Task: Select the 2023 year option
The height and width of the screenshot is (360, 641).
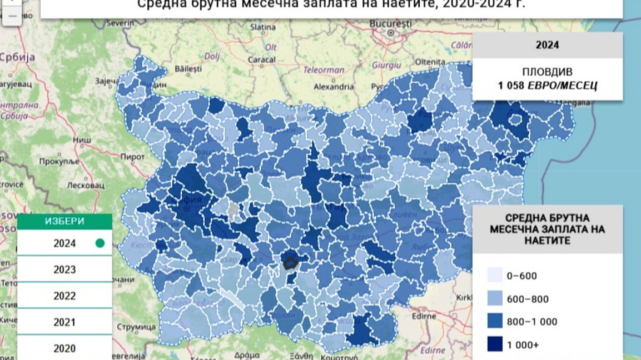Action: (x=64, y=269)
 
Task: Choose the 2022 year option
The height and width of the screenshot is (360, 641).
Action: (x=64, y=296)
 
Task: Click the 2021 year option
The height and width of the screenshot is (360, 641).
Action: (x=64, y=322)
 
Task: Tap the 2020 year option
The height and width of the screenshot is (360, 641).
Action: (x=64, y=348)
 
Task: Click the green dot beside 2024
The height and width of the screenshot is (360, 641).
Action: (x=100, y=243)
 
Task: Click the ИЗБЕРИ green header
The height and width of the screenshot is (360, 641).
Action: (x=64, y=221)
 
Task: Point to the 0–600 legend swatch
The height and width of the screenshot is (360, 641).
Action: (x=495, y=276)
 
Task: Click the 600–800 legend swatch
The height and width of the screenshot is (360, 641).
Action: (x=495, y=299)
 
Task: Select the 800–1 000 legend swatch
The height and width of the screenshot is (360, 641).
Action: (x=495, y=322)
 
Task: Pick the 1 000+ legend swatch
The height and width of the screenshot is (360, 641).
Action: (x=495, y=344)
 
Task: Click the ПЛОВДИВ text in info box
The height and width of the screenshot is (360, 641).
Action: (x=547, y=72)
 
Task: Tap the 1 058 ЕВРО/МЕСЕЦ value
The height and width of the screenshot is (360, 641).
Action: (x=547, y=86)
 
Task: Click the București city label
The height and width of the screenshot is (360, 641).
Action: (x=391, y=24)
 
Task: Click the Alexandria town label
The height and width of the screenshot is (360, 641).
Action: (x=334, y=87)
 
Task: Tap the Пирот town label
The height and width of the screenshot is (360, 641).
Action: (x=132, y=157)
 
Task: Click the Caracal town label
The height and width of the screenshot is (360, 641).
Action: (x=261, y=59)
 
